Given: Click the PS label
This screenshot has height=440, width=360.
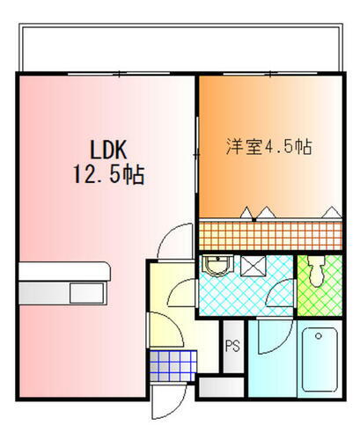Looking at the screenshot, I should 233,346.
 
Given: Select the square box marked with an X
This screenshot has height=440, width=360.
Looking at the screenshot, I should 253,265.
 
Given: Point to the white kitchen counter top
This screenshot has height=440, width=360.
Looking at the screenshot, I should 62,275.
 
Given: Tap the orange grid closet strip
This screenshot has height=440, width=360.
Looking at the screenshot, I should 268,235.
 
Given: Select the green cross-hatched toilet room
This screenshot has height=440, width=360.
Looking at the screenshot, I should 320,283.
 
